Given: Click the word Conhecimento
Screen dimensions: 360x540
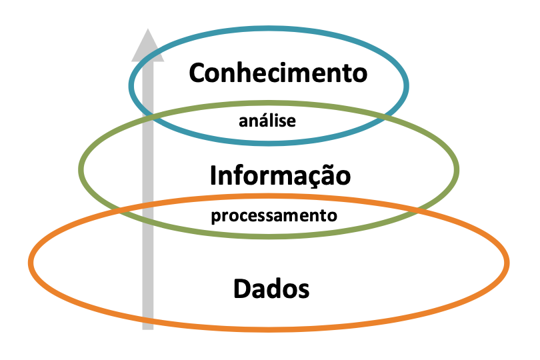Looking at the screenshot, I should point(278,73).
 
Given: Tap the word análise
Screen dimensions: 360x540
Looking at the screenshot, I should point(267,121).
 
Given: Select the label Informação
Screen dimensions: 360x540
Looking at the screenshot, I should point(280,175).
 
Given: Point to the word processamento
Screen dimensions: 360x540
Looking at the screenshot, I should point(274,216).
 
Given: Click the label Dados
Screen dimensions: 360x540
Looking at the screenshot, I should point(271,289).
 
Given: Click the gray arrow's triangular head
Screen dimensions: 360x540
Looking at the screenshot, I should point(147,47).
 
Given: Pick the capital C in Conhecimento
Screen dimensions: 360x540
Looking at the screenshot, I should point(198,73).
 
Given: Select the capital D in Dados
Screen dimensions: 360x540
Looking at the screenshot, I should point(243,289).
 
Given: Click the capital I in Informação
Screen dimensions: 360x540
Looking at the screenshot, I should point(213,175).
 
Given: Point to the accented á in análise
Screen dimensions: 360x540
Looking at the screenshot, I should point(243,121).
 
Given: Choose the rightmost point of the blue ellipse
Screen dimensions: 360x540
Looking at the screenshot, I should point(407,85).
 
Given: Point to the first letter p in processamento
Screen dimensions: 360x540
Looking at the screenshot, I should point(215,218).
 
